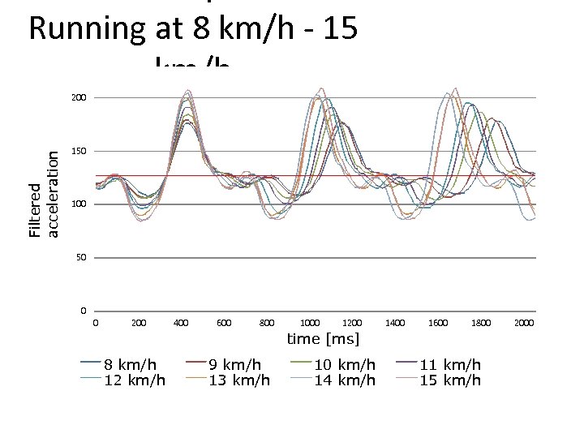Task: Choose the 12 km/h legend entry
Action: pos(130,380)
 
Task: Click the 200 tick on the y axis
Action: pos(79,98)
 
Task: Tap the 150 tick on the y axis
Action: pos(79,152)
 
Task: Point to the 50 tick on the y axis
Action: pos(81,258)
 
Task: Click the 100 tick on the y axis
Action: pos(79,204)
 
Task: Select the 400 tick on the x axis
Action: pos(182,323)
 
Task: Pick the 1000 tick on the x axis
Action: pos(311,323)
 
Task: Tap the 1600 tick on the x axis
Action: pos(438,323)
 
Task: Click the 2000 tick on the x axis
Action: pos(524,323)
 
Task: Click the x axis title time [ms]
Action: pos(323,339)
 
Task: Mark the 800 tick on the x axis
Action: pos(267,323)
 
